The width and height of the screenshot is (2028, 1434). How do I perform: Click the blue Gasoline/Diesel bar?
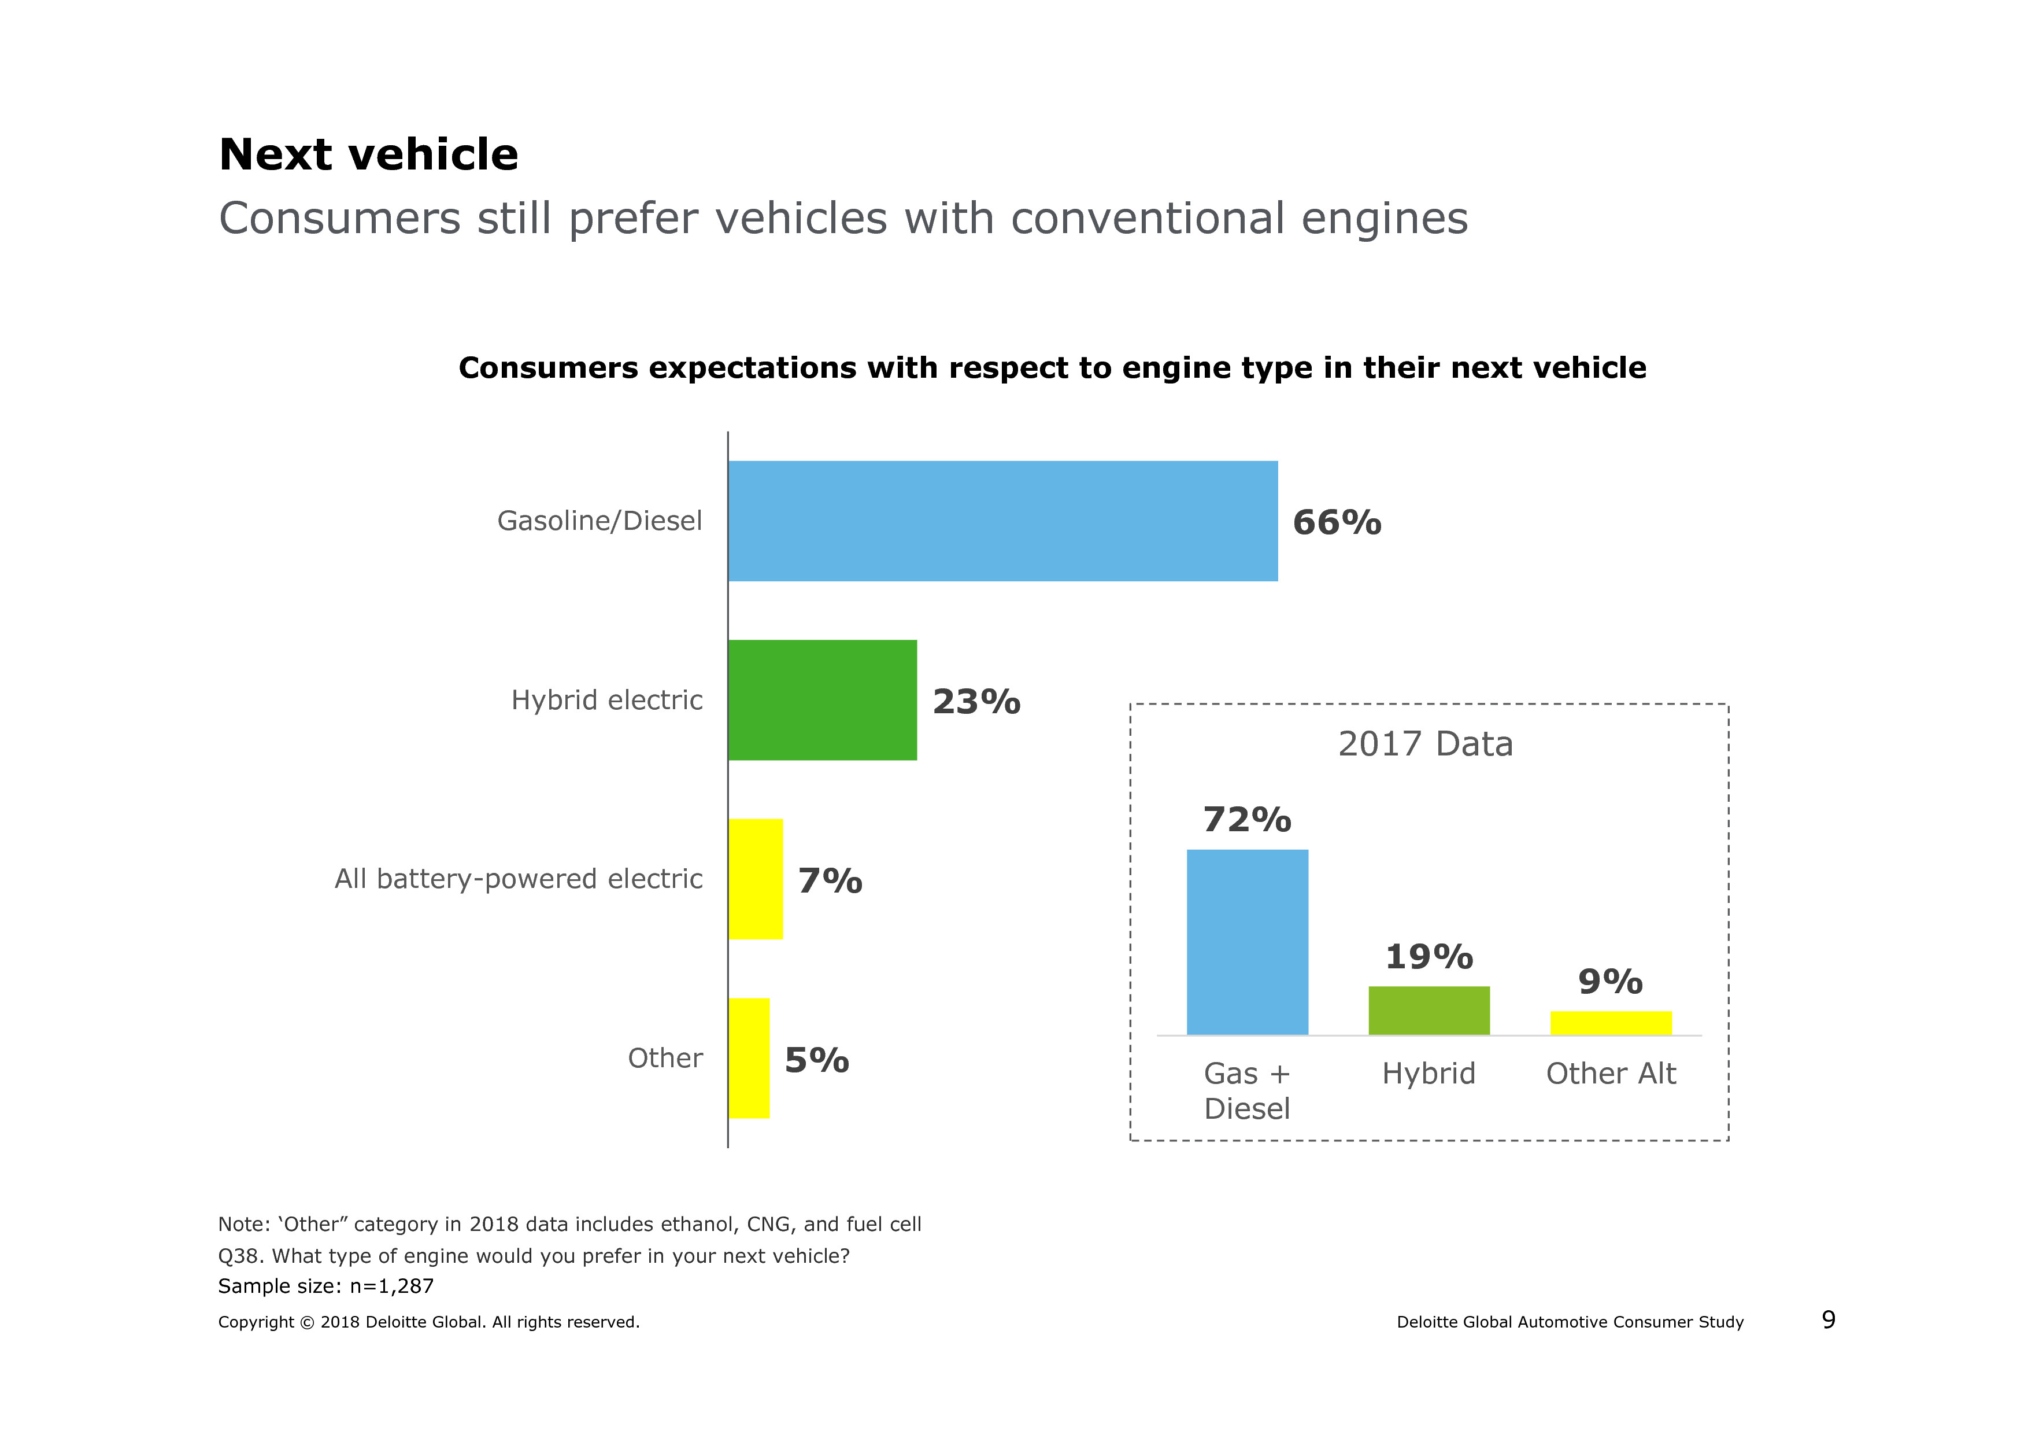[x=1002, y=521]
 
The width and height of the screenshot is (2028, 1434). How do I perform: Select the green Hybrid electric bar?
[x=822, y=700]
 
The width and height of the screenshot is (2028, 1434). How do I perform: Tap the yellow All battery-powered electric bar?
[x=755, y=879]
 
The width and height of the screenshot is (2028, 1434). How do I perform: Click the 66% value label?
[x=1337, y=522]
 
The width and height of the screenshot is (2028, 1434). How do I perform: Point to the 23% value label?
[x=976, y=702]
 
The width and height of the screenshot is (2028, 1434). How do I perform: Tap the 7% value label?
[x=830, y=881]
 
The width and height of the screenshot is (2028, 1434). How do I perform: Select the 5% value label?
[x=816, y=1060]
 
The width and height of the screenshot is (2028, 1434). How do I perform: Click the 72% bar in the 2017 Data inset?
[x=1247, y=942]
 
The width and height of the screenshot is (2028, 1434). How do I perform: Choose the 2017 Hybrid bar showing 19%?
[x=1429, y=1010]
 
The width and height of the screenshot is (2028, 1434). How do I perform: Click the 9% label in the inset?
[x=1610, y=982]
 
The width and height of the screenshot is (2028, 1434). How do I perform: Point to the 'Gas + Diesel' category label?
[x=1247, y=1090]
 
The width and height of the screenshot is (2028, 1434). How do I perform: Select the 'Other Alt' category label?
[x=1610, y=1074]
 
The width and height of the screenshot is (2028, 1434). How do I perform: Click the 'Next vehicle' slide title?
[x=368, y=154]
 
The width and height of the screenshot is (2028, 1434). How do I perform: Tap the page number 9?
[x=1829, y=1320]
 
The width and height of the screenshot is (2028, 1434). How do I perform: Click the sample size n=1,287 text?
[x=326, y=1285]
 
